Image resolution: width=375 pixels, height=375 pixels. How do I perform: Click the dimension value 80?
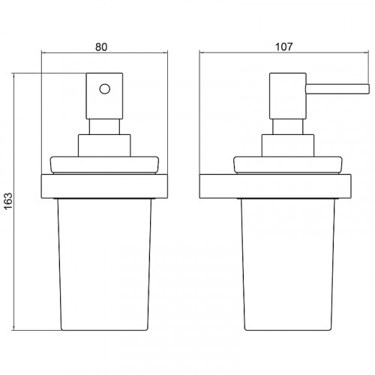coord(101,47)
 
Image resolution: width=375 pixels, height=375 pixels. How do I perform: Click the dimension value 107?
coord(283,46)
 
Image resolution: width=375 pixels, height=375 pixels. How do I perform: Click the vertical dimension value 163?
coord(8,201)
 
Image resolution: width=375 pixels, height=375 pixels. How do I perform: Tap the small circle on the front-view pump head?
coord(104,88)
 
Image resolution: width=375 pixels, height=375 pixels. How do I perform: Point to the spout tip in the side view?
coord(368,89)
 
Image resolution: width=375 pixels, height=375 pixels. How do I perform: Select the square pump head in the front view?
coord(104,96)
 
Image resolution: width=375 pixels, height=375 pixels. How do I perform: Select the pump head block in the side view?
coord(288,96)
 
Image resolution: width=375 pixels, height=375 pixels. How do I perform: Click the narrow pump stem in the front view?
coord(104,127)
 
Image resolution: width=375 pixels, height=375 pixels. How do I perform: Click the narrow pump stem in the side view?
coord(288,127)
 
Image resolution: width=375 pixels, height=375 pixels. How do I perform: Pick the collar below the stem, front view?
coord(104,145)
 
